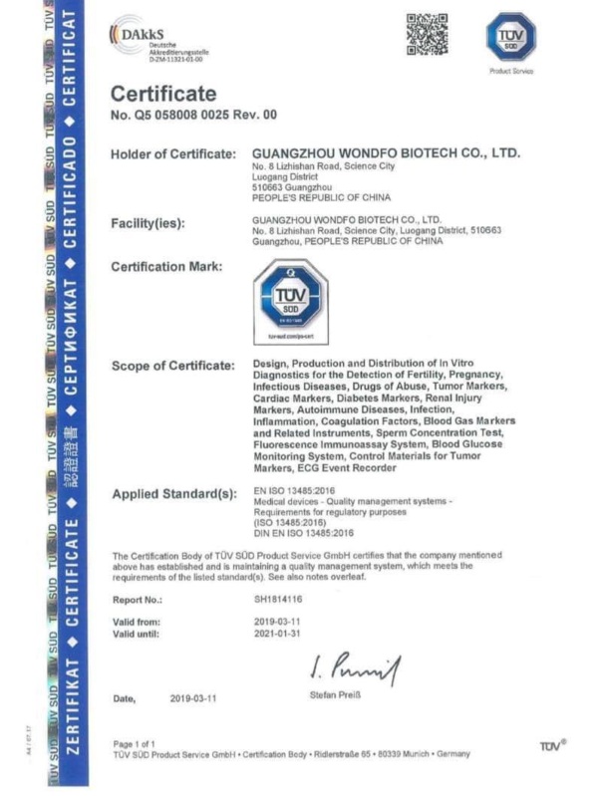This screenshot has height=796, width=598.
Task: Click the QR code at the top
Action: point(426,34)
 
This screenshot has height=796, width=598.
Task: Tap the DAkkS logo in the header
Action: point(149,42)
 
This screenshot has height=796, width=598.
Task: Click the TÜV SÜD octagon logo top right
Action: point(510,37)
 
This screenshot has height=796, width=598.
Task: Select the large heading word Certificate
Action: point(162,95)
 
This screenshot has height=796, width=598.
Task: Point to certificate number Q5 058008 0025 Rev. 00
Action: point(193,116)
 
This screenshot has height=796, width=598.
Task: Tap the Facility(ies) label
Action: point(148,223)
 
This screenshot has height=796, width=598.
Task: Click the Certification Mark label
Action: point(166,266)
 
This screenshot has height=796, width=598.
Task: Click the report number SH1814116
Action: point(279,601)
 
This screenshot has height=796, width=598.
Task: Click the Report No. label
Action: point(138,601)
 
